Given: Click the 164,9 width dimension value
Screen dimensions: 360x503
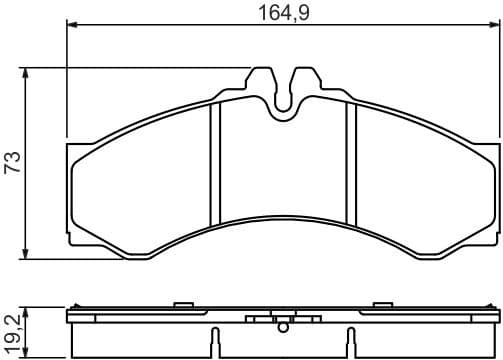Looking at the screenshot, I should [x=280, y=15].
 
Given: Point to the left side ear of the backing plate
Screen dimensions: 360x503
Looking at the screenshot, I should [x=74, y=190].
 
